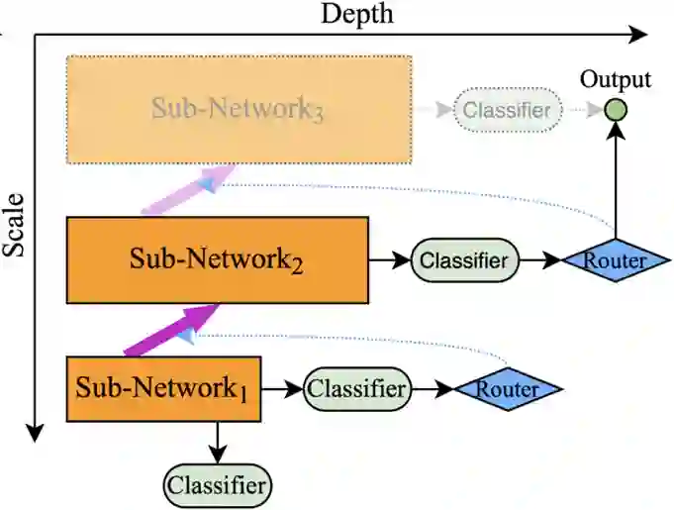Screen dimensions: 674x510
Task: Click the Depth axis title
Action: click(x=356, y=14)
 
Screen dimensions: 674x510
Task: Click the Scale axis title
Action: click(x=14, y=226)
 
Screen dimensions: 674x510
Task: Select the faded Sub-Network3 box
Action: click(x=240, y=110)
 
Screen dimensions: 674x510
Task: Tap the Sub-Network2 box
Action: click(x=218, y=260)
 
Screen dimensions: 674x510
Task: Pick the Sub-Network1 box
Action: click(x=163, y=389)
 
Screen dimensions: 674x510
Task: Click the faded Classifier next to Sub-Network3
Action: click(x=508, y=110)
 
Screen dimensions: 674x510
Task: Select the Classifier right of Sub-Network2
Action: click(x=465, y=260)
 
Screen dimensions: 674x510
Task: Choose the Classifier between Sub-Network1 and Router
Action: click(x=357, y=389)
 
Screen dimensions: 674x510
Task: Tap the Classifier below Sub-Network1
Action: click(x=218, y=485)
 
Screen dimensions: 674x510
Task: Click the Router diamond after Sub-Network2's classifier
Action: click(x=616, y=260)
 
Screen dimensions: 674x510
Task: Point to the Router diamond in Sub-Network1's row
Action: click(x=508, y=389)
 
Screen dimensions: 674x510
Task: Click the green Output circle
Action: click(x=616, y=110)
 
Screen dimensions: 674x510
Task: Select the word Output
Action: click(x=616, y=79)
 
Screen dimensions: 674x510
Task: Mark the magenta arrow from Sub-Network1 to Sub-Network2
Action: click(x=172, y=330)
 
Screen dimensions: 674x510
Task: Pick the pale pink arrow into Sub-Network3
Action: click(x=188, y=189)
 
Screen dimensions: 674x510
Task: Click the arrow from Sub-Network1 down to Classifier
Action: click(x=218, y=443)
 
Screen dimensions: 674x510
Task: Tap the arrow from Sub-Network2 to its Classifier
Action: click(x=390, y=260)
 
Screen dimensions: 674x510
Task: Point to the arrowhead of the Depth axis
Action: click(x=638, y=35)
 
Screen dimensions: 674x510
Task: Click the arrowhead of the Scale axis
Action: click(x=35, y=432)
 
